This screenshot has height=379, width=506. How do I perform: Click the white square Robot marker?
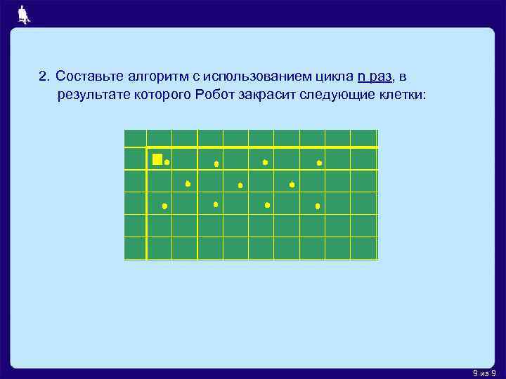157,159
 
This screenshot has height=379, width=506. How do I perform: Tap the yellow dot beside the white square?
167,162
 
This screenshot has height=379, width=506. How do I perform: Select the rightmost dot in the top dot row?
319,163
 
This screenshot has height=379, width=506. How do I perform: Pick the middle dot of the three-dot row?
240,185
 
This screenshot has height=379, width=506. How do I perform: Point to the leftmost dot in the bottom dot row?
164,206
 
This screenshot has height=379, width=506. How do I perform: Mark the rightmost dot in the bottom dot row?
318,206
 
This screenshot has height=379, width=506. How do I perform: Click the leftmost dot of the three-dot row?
188,184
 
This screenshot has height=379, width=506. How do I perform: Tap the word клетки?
399,95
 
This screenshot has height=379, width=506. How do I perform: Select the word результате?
91,95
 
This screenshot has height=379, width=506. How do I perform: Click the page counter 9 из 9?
485,373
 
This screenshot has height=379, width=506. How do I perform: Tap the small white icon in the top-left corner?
24,14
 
